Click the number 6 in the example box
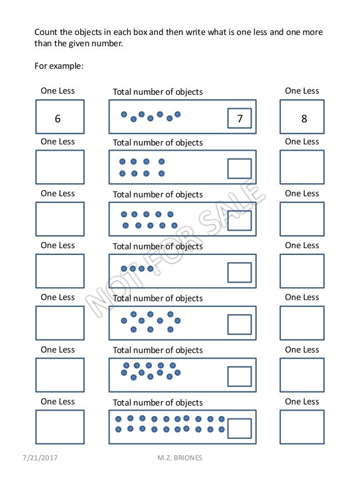[58, 118]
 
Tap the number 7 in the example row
[240, 118]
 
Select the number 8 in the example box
[304, 118]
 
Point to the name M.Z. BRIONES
[180, 458]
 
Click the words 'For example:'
[59, 66]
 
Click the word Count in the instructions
[46, 32]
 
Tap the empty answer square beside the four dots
[239, 272]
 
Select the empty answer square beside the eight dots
[239, 169]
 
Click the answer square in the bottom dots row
[239, 428]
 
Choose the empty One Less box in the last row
[60, 427]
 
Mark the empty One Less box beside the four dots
[60, 271]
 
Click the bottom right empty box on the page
[302, 427]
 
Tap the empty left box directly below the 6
[60, 167]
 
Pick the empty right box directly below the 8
[302, 167]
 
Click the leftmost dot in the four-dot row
[124, 269]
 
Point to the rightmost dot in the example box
[177, 115]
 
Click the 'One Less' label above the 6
[58, 91]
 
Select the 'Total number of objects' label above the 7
[158, 91]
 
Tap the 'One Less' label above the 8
[302, 91]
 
